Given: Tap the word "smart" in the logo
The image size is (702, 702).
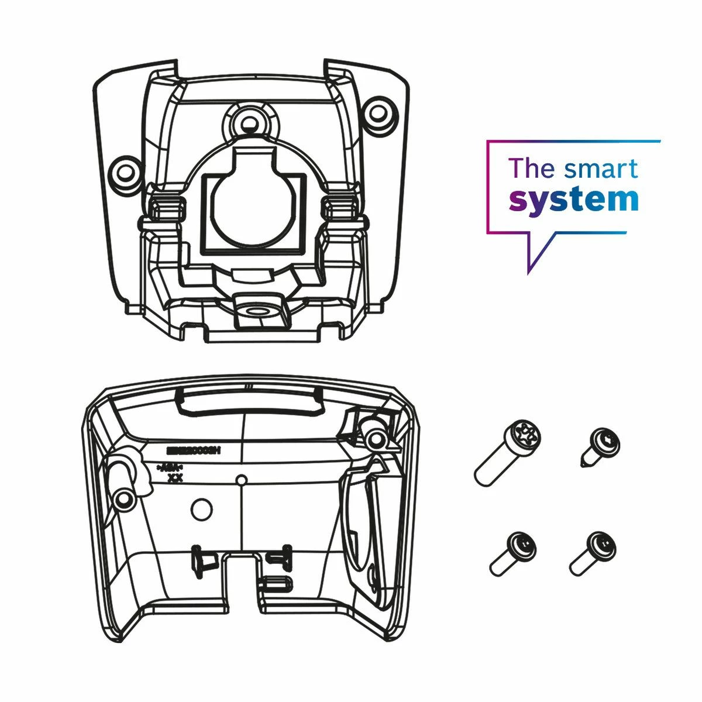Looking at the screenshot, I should tap(601, 168).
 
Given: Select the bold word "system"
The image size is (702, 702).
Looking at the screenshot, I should tap(573, 199).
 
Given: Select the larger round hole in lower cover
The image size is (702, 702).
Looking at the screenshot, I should tap(202, 509).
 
